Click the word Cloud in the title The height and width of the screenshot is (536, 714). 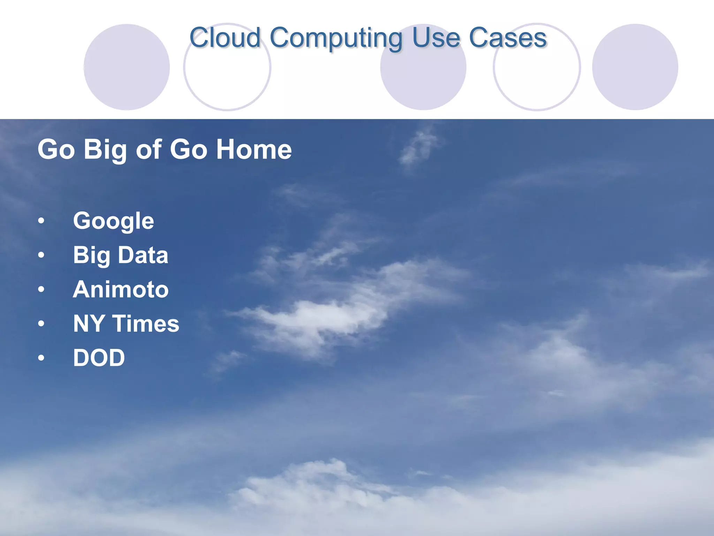point(225,38)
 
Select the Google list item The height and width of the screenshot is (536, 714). point(113,221)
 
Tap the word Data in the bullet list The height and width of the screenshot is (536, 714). point(143,255)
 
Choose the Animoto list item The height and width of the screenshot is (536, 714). point(121,289)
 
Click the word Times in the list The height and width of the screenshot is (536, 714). point(146,323)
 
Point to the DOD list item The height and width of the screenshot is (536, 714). point(99,358)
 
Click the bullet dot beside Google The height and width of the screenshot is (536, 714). point(41,221)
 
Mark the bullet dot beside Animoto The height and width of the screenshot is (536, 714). point(41,290)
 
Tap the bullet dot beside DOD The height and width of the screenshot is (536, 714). point(41,358)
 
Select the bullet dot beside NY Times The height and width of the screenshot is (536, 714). point(41,324)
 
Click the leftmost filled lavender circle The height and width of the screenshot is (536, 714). point(127,67)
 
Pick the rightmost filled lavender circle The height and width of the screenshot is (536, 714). point(635,67)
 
